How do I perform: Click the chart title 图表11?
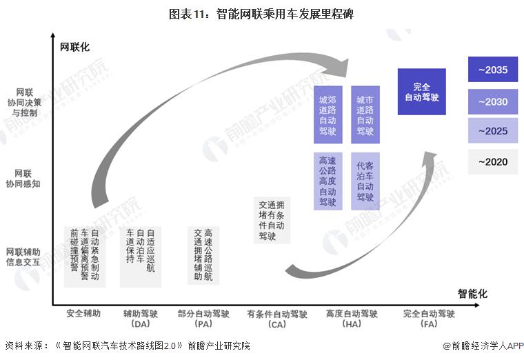261,14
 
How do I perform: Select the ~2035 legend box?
492,70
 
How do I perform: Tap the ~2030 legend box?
492,101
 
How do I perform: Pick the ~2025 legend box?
492,131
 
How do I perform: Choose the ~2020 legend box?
492,161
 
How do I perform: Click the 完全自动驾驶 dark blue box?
421,92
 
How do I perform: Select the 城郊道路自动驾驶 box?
327,114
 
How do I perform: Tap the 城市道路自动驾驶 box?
365,114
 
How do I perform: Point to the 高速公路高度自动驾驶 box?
327,181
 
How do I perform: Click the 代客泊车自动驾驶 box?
365,181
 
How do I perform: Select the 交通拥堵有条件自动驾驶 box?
272,221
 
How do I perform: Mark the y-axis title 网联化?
74,47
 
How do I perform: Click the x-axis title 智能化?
472,294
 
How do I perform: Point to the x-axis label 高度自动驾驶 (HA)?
352,319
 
